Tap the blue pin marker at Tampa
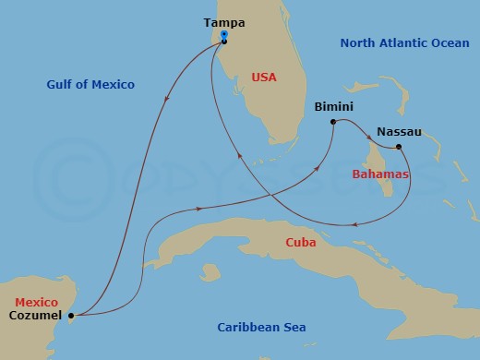(x=224, y=36)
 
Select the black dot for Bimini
(x=333, y=121)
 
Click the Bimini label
(x=333, y=106)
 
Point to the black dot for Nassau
(x=398, y=148)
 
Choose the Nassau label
(x=399, y=132)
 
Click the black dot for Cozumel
(x=71, y=315)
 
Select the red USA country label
(x=264, y=78)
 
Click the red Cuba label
(x=301, y=243)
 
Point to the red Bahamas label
(x=380, y=174)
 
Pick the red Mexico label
(x=34, y=302)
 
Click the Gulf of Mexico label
(x=90, y=85)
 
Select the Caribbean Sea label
(x=261, y=328)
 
